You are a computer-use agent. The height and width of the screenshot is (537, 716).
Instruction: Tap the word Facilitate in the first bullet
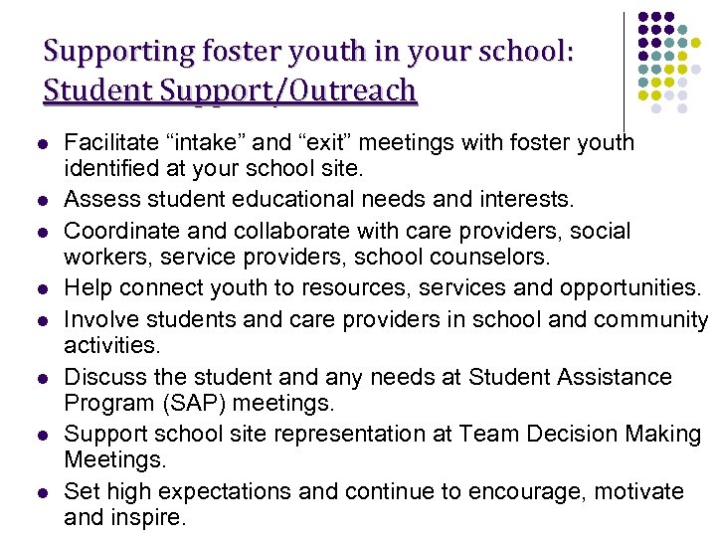[x=105, y=142]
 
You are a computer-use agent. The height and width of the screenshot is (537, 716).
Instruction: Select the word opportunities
[x=614, y=288]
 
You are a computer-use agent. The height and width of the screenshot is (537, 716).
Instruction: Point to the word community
[x=649, y=319]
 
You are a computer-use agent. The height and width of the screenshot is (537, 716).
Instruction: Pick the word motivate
[x=636, y=491]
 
